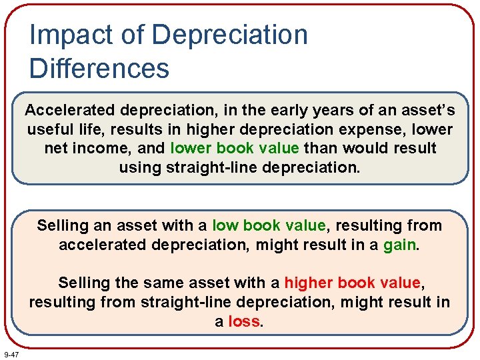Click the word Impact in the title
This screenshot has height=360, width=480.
(x=65, y=35)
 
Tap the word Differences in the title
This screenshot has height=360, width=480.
(x=99, y=68)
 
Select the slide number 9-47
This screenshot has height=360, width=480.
(x=11, y=354)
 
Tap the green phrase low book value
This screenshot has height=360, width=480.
(x=269, y=225)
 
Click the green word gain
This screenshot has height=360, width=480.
(x=399, y=245)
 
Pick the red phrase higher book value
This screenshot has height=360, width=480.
(x=352, y=283)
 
